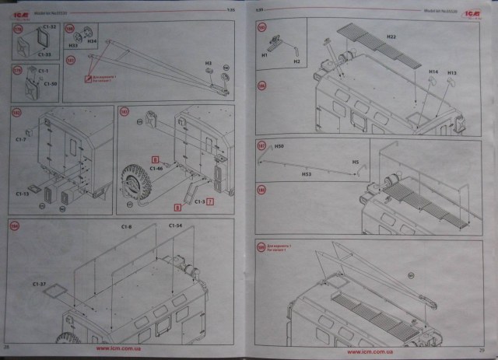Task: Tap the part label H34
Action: (x=91, y=40)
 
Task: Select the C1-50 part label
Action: (x=51, y=83)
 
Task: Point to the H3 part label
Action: (x=209, y=62)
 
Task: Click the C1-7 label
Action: (x=21, y=139)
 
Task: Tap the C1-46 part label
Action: (x=156, y=168)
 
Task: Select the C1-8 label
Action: (x=126, y=226)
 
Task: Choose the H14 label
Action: (x=433, y=72)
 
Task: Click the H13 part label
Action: (x=451, y=72)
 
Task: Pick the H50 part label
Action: (x=279, y=146)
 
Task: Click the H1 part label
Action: (x=265, y=55)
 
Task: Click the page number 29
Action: (x=482, y=348)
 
